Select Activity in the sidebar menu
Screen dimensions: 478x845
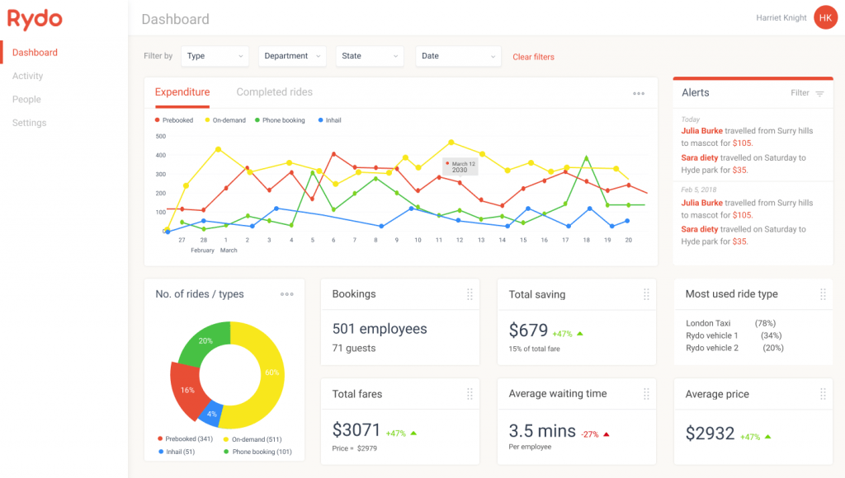click(x=27, y=76)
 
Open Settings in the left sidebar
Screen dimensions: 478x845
click(x=29, y=123)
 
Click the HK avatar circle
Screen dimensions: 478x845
click(x=824, y=17)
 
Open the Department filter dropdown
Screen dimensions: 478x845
click(x=291, y=56)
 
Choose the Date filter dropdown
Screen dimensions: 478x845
click(x=458, y=56)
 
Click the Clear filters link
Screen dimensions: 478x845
click(x=533, y=57)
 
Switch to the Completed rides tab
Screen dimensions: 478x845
click(x=274, y=92)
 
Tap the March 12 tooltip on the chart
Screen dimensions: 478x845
click(x=460, y=166)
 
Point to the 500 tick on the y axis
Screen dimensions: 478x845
click(x=160, y=136)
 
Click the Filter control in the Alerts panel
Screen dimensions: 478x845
click(x=806, y=93)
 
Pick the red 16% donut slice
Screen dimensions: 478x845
click(x=187, y=390)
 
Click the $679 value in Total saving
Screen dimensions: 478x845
click(x=528, y=330)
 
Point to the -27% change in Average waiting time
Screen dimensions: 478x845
click(x=588, y=433)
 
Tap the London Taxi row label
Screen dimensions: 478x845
click(x=708, y=323)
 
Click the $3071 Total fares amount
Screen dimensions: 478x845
click(x=356, y=430)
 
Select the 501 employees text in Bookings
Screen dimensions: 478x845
click(x=380, y=329)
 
